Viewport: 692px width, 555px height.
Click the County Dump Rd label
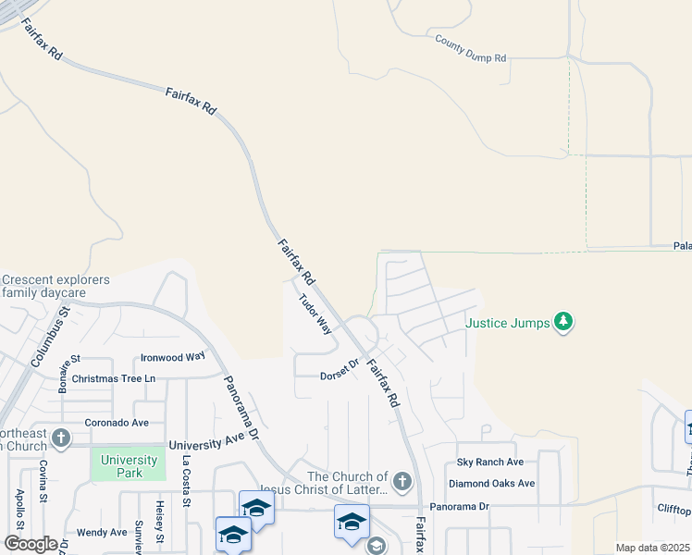[471, 49]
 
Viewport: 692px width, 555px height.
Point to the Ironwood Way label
[172, 357]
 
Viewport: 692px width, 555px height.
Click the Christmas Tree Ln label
[114, 378]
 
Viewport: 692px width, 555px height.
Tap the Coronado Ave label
[117, 423]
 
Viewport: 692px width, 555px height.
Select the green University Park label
[130, 466]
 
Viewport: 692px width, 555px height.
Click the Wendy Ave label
[102, 532]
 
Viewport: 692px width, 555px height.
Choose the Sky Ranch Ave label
[490, 462]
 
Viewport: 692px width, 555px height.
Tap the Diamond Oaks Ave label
[491, 483]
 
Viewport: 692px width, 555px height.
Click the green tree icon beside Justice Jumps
[563, 323]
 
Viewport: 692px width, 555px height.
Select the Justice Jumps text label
[507, 324]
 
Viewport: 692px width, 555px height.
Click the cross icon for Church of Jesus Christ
[401, 481]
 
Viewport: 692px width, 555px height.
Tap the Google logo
[31, 544]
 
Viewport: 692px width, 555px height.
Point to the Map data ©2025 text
[652, 548]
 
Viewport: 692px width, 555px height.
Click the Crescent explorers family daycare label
[56, 286]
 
